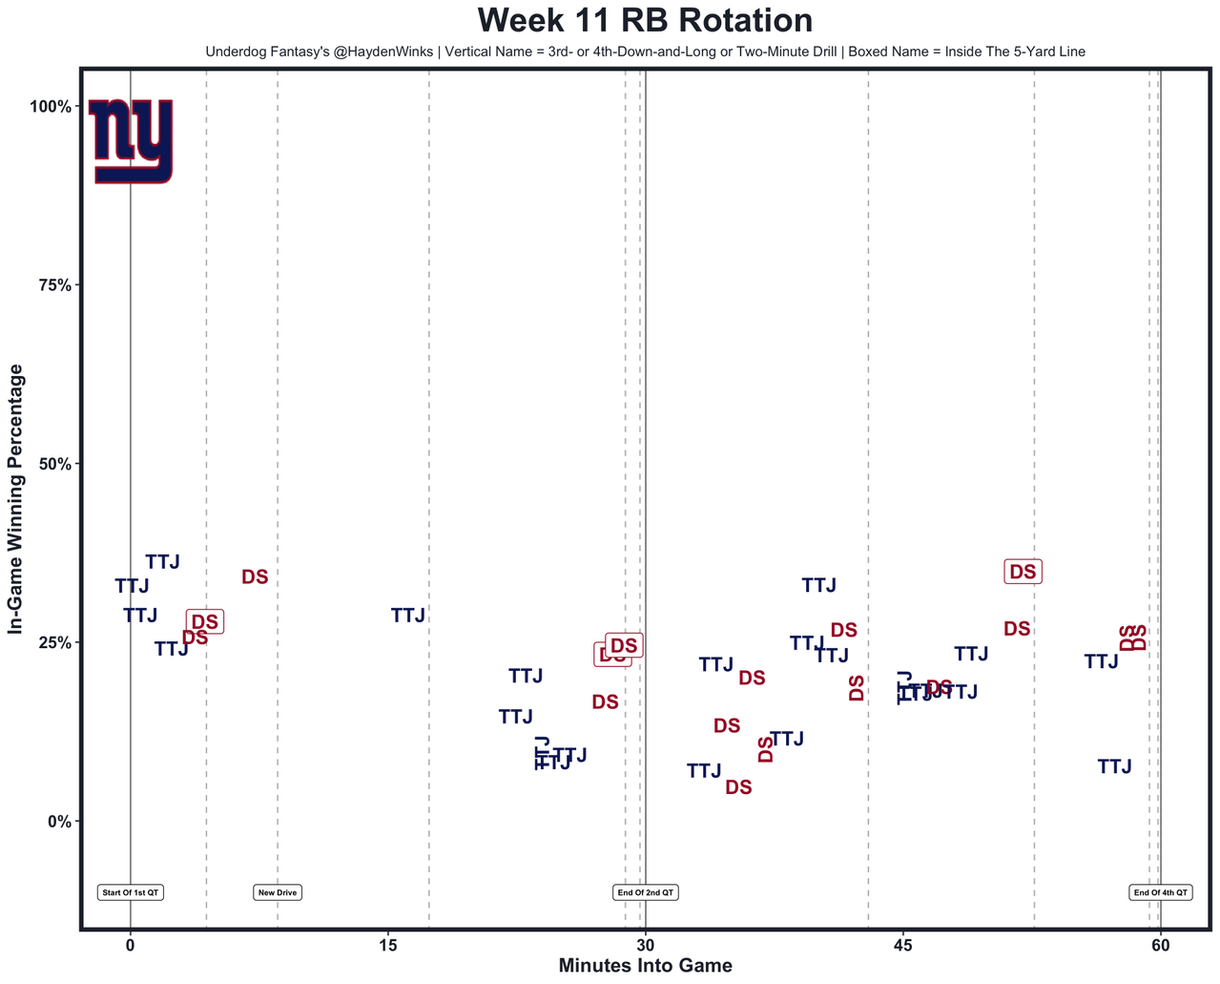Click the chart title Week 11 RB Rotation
(645, 21)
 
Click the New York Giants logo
(131, 140)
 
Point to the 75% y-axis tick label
(53, 285)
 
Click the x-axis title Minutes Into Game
(645, 966)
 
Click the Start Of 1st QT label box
(131, 893)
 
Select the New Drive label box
(278, 893)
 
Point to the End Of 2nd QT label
(646, 893)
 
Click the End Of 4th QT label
(1160, 893)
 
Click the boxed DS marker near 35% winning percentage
(1023, 572)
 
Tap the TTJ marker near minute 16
(407, 616)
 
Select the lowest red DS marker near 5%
(738, 787)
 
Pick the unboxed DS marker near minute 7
(255, 577)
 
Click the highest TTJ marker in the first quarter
(162, 562)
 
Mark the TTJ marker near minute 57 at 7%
(1114, 766)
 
